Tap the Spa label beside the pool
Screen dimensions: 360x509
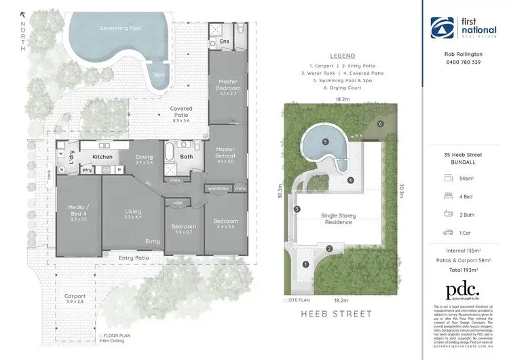click(159, 75)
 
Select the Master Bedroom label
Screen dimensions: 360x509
click(228, 85)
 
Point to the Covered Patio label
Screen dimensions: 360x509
click(181, 112)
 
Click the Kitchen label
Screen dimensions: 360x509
click(102, 157)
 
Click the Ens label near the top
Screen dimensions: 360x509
click(225, 41)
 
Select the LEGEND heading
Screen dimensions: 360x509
click(342, 56)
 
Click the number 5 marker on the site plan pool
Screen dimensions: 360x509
click(325, 142)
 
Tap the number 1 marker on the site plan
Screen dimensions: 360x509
click(305, 264)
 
